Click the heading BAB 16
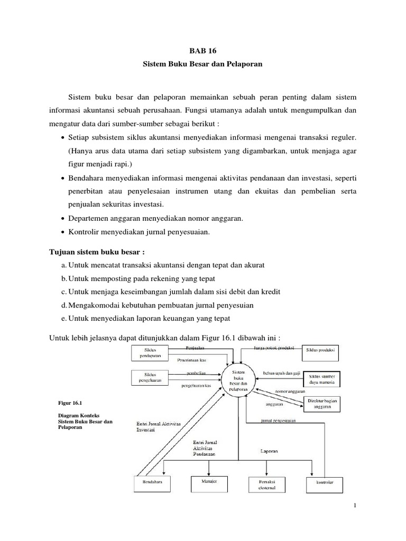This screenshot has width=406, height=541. pos(203,51)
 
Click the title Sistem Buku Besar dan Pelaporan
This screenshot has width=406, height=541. pos(203,64)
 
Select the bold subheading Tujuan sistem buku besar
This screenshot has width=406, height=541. pos(97,250)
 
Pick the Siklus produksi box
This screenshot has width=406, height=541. pos(321,351)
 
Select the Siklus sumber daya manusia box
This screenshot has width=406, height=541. pos(321,379)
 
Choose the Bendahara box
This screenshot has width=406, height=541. pos(149,483)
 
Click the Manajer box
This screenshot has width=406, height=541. pos(209,482)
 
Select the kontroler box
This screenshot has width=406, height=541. pos(324,483)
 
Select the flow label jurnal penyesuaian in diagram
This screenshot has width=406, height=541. pos(278,421)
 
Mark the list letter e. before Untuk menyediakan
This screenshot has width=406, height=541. pos(64,318)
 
